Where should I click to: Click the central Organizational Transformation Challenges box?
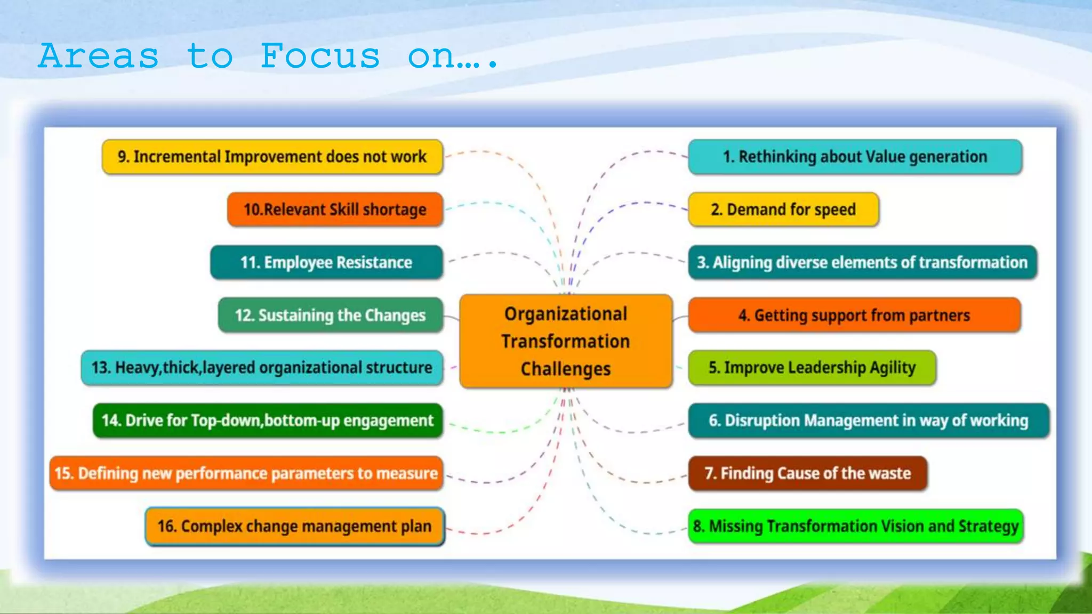[x=566, y=341]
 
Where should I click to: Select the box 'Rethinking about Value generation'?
[x=855, y=157]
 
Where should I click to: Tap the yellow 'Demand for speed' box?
[x=783, y=209]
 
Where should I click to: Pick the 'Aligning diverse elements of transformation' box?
[x=862, y=262]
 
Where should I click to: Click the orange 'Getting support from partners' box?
[x=854, y=315]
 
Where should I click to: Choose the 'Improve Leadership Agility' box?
[x=812, y=368]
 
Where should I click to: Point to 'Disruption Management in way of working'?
[x=868, y=421]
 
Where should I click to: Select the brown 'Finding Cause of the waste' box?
[x=807, y=473]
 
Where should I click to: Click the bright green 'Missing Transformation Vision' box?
[x=855, y=526]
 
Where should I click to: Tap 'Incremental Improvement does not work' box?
[x=272, y=157]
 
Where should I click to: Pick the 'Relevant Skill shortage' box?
[x=335, y=209]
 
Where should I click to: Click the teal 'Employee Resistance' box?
[x=326, y=262]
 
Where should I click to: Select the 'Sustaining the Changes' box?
[x=330, y=315]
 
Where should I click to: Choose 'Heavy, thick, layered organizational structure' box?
[x=262, y=368]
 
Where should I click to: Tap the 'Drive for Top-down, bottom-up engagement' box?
[x=268, y=421]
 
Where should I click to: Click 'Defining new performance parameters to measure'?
[x=246, y=473]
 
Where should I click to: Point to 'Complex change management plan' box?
[x=294, y=526]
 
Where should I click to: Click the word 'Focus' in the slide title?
[x=320, y=56]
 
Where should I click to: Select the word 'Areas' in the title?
[x=99, y=56]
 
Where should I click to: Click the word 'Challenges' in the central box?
[x=566, y=369]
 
